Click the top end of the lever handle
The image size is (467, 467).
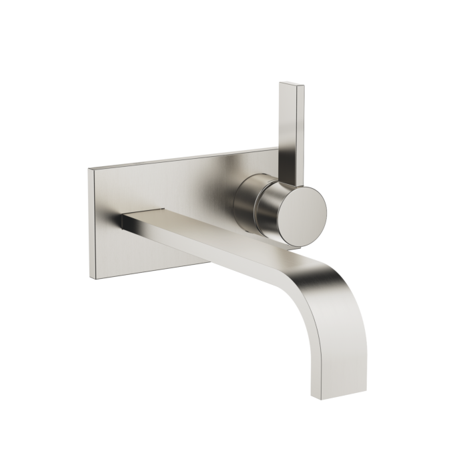(292, 85)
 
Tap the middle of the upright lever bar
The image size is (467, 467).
(294, 127)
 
